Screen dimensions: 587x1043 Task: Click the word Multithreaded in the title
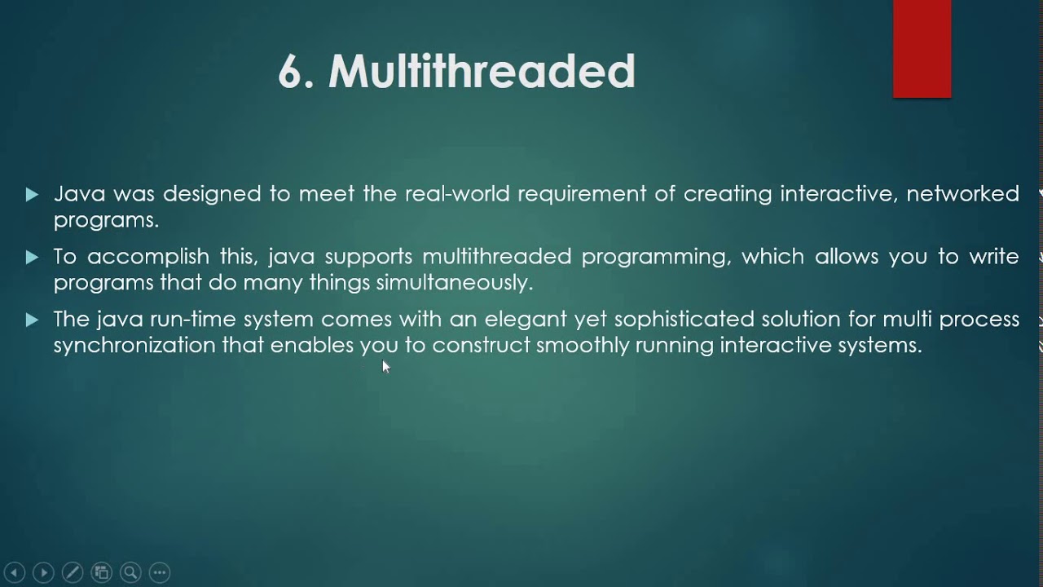pos(482,72)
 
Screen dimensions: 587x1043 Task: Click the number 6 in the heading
pos(290,73)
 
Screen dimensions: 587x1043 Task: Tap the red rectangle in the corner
pos(922,49)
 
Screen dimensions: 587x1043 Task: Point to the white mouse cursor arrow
pos(385,366)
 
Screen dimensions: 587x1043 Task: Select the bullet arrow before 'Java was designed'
pos(32,195)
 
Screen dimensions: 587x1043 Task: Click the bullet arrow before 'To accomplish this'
pos(32,258)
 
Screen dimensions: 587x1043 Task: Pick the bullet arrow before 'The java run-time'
pos(32,320)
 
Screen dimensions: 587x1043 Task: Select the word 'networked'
pos(962,194)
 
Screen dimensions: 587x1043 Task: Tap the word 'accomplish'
pos(149,257)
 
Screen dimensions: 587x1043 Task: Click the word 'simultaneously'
pos(454,283)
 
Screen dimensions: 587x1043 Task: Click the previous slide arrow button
pos(14,572)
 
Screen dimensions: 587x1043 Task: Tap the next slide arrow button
pos(43,572)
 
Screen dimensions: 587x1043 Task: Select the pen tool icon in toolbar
pos(72,572)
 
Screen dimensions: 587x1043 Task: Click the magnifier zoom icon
pos(130,572)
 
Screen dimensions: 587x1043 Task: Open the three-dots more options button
pos(160,572)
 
